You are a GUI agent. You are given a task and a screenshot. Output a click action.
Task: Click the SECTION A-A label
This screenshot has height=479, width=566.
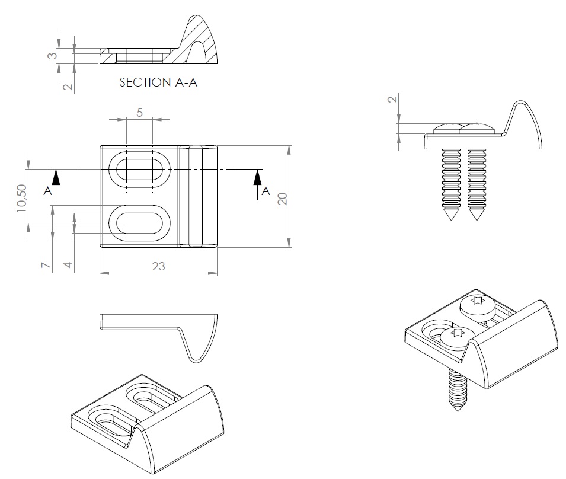pos(158,82)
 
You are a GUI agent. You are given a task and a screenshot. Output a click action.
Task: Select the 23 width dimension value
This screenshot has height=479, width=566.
pos(158,266)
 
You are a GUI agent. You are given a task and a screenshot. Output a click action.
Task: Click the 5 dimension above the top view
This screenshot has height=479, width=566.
pos(140,113)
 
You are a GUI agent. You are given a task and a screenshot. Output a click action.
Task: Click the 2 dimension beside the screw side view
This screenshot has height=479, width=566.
pos(391,99)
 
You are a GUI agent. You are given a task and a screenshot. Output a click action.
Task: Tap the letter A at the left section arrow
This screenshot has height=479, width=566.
pos(47,191)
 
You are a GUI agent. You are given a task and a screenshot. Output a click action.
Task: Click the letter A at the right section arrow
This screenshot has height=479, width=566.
pos(266,190)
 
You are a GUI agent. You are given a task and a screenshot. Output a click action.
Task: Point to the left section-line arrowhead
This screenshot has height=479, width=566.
pos(56,176)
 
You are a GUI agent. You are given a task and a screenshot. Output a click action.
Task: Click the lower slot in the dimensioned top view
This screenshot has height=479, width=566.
pos(140,223)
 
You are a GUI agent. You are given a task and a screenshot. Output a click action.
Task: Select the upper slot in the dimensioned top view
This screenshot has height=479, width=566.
pos(140,170)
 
